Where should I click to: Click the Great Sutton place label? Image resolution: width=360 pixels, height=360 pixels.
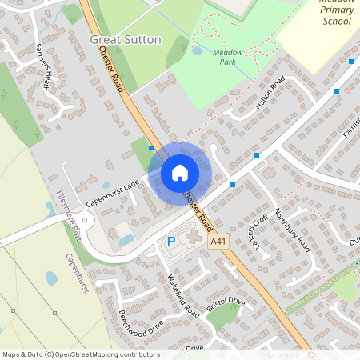(x=125, y=39)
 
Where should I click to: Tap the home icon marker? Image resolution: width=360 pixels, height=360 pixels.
(x=180, y=172)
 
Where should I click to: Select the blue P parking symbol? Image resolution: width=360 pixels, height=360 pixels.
(x=170, y=242)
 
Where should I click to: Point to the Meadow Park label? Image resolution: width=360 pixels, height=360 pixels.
(x=228, y=56)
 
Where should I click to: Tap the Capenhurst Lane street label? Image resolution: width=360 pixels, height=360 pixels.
(x=113, y=193)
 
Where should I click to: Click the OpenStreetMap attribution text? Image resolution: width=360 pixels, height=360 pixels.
(x=81, y=354)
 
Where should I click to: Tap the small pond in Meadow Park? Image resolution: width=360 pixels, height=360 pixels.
(x=197, y=51)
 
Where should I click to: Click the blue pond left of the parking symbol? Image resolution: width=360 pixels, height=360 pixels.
(x=126, y=240)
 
